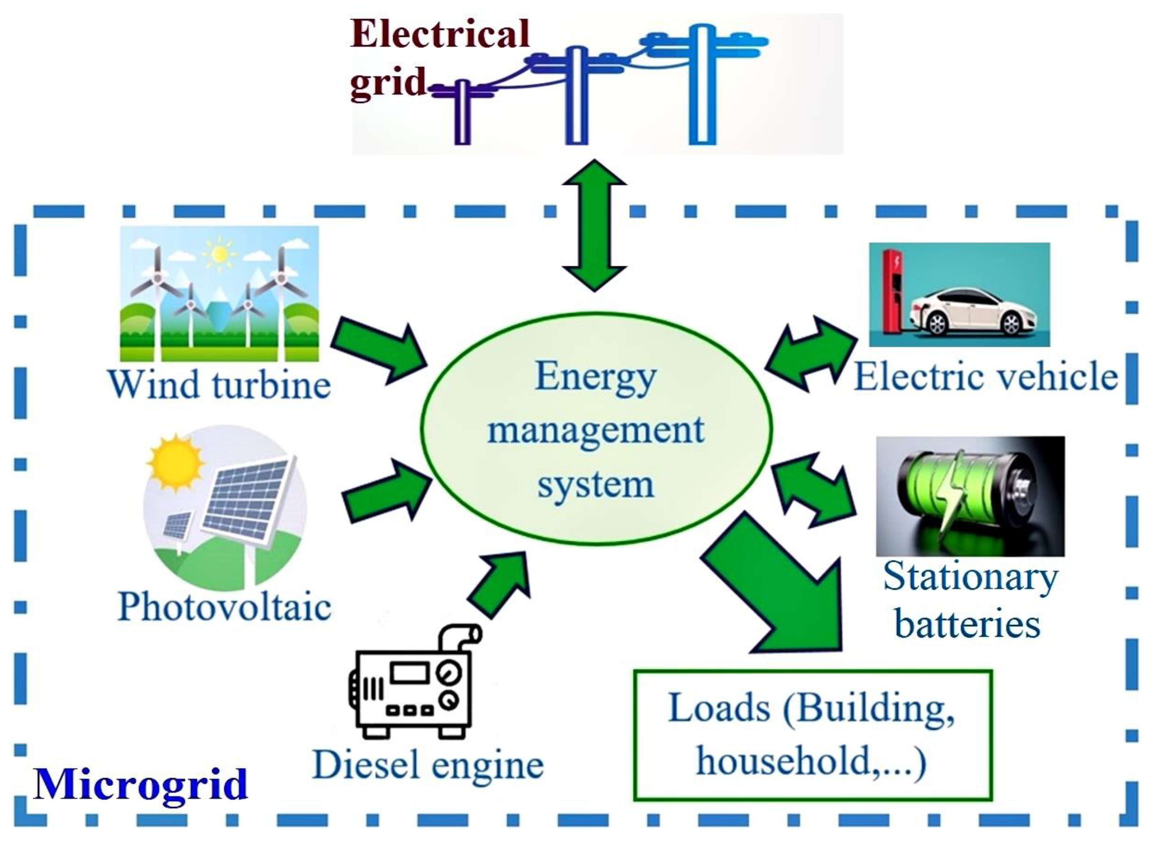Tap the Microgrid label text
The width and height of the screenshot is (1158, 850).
pyautogui.click(x=140, y=784)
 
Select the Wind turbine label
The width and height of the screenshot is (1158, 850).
pyautogui.click(x=219, y=384)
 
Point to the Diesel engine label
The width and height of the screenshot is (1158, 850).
pyautogui.click(x=428, y=765)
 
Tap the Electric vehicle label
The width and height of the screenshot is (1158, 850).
pyautogui.click(x=985, y=376)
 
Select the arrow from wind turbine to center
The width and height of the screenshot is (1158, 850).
pyautogui.click(x=381, y=350)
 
